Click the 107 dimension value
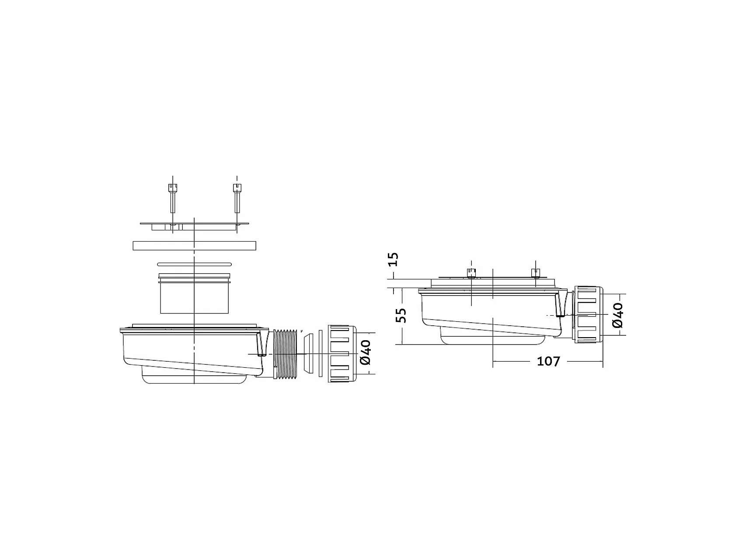[x=548, y=361]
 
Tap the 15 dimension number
[x=393, y=259]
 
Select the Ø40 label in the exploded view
[x=366, y=352]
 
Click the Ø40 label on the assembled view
[x=617, y=315]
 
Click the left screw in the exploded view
[x=173, y=198]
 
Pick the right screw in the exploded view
[x=237, y=198]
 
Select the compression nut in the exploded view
[x=342, y=354]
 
